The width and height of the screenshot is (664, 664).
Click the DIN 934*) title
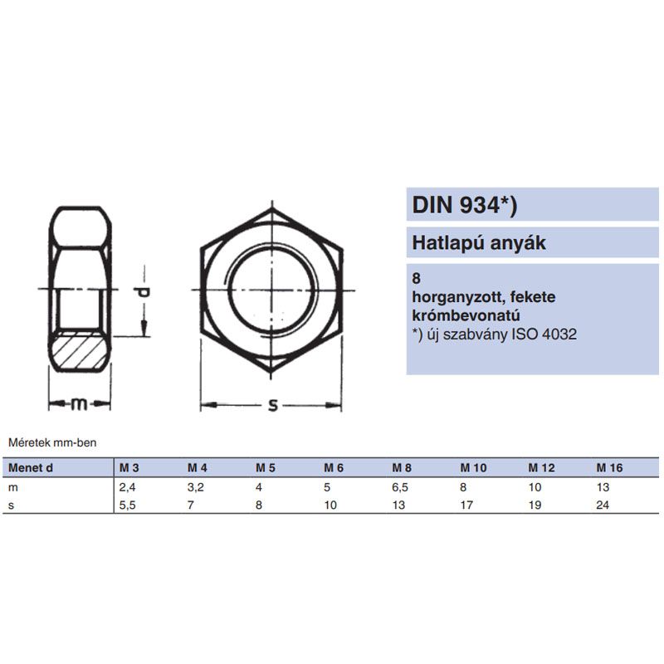[465, 205]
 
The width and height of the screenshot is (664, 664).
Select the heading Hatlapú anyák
[479, 243]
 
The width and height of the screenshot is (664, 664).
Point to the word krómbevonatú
[466, 315]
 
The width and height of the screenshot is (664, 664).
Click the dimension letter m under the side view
[79, 404]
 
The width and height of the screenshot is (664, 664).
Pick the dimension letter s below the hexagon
[273, 405]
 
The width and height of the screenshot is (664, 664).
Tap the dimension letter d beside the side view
[144, 292]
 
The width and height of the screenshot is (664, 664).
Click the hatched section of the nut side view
[79, 350]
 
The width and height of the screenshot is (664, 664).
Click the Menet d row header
[31, 468]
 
